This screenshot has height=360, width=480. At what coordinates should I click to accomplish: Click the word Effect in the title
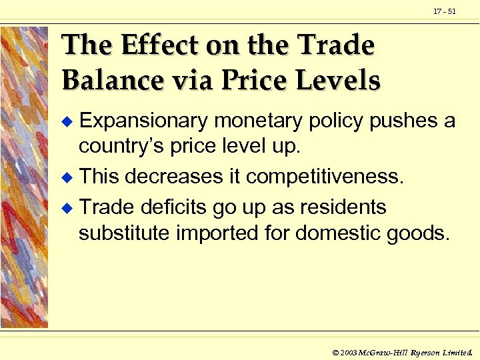point(160,45)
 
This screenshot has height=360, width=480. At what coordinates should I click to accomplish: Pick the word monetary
point(257,121)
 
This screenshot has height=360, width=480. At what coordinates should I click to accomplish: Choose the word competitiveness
point(325,177)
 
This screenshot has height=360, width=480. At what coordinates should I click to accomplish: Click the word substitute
point(124,234)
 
